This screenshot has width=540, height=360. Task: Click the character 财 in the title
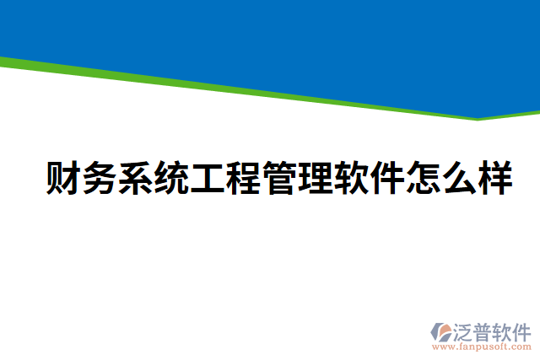pyautogui.click(x=64, y=179)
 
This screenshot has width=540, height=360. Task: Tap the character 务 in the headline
pyautogui.click(x=100, y=179)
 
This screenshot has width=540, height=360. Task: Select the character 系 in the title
pyautogui.click(x=136, y=179)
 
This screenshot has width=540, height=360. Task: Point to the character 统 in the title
pyautogui.click(x=171, y=179)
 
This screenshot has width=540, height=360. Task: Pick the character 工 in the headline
pyautogui.click(x=208, y=179)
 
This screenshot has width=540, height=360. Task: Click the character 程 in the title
pyautogui.click(x=243, y=179)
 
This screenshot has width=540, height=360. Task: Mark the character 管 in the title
pyautogui.click(x=279, y=179)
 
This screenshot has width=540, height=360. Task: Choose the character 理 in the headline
pyautogui.click(x=315, y=179)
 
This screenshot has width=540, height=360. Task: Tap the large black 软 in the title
pyautogui.click(x=350, y=179)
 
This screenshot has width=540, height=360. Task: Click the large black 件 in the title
pyautogui.click(x=386, y=179)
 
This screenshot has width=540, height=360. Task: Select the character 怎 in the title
pyautogui.click(x=422, y=179)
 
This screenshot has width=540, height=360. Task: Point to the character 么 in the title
pyautogui.click(x=458, y=179)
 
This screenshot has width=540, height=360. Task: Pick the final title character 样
pyautogui.click(x=494, y=179)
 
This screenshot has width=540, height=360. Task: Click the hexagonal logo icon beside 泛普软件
pyautogui.click(x=442, y=332)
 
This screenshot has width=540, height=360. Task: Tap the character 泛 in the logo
pyautogui.click(x=465, y=330)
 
